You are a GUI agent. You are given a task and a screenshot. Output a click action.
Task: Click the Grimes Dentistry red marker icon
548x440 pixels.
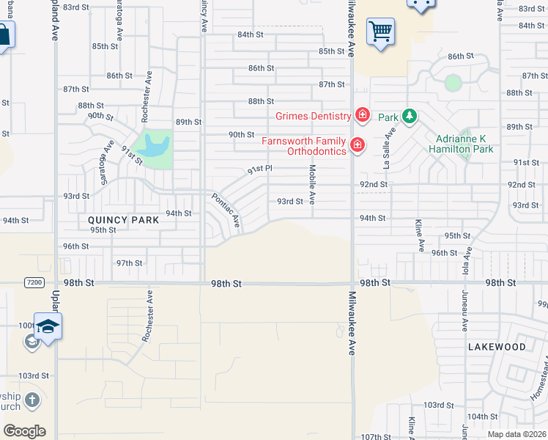(x=362, y=115)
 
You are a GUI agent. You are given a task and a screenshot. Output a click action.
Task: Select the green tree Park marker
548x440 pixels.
(x=409, y=117)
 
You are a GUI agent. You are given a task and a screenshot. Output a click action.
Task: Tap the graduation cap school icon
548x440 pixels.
(x=48, y=327)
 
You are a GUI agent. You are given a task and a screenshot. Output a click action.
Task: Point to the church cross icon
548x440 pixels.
(x=32, y=400)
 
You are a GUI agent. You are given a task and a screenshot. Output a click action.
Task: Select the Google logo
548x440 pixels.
(x=24, y=431)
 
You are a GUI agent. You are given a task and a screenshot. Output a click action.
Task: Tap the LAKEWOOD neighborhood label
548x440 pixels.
(x=496, y=346)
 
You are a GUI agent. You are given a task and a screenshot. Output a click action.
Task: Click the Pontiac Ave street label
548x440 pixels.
(x=226, y=210)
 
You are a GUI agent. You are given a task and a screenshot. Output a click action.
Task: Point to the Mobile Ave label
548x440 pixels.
(x=312, y=184)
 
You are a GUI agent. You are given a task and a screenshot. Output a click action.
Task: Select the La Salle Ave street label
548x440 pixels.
(x=389, y=147)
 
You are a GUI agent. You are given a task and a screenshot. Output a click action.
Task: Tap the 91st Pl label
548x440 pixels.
(x=259, y=169)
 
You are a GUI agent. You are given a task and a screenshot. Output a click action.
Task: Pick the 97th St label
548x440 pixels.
(x=129, y=263)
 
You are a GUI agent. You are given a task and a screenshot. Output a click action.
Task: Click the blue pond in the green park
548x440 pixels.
(x=154, y=145)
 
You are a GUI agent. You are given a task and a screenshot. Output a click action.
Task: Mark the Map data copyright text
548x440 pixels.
(x=516, y=434)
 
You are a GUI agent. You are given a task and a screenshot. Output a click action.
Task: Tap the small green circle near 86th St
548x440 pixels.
(x=453, y=83)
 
